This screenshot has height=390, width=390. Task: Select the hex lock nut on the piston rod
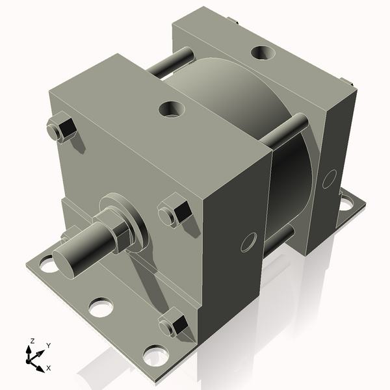(118, 233)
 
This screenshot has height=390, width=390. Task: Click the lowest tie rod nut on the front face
(175, 324)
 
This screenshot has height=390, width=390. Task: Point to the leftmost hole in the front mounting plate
(47, 264)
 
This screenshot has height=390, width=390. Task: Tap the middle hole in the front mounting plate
(99, 307)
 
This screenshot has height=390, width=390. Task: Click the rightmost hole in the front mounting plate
(155, 354)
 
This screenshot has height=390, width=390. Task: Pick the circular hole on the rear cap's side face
(329, 178)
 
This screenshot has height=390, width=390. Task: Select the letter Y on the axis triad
(49, 346)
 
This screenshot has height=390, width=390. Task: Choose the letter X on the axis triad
(48, 368)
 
